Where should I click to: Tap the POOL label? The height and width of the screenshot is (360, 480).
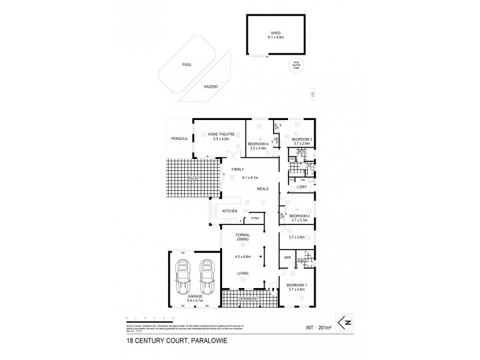pyautogui.click(x=187, y=65)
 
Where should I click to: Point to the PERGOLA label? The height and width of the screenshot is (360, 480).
pyautogui.click(x=178, y=139)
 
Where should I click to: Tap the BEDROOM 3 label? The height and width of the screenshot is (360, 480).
pyautogui.click(x=302, y=139)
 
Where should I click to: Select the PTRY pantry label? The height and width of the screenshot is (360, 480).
pyautogui.click(x=254, y=218)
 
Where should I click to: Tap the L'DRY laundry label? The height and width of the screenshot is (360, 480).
pyautogui.click(x=302, y=188)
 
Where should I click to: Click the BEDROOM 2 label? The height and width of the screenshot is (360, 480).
pyautogui.click(x=299, y=215)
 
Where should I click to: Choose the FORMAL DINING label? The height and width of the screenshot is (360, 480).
pyautogui.click(x=243, y=237)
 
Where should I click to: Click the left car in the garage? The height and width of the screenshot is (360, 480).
pyautogui.click(x=182, y=274)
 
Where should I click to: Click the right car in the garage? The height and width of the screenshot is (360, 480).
pyautogui.click(x=208, y=274)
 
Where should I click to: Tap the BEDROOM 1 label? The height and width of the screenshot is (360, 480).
pyautogui.click(x=296, y=286)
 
